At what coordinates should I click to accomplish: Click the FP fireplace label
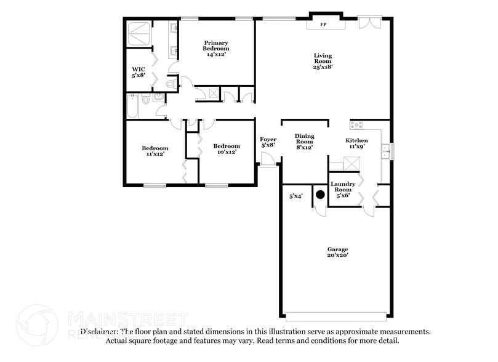324,25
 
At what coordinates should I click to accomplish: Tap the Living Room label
323,61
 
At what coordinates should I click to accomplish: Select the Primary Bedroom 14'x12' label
217,49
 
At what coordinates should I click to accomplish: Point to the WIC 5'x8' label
138,72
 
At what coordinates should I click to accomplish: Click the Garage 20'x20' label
337,252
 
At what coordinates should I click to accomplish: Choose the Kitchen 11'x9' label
357,143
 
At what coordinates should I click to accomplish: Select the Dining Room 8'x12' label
304,142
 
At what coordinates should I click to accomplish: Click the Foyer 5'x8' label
268,143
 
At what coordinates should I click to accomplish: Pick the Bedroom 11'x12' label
155,151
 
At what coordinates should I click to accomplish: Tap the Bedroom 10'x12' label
226,149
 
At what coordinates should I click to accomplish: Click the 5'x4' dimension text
297,197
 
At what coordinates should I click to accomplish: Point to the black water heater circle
320,195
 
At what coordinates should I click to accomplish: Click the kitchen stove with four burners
357,125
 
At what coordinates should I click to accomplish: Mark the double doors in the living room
369,22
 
